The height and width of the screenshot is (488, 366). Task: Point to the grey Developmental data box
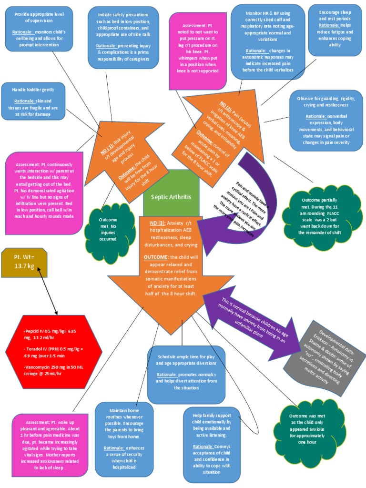tap(325, 356)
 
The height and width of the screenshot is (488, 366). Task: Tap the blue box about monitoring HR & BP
tap(268, 42)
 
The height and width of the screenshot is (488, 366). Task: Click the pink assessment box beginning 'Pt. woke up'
tap(51, 445)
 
